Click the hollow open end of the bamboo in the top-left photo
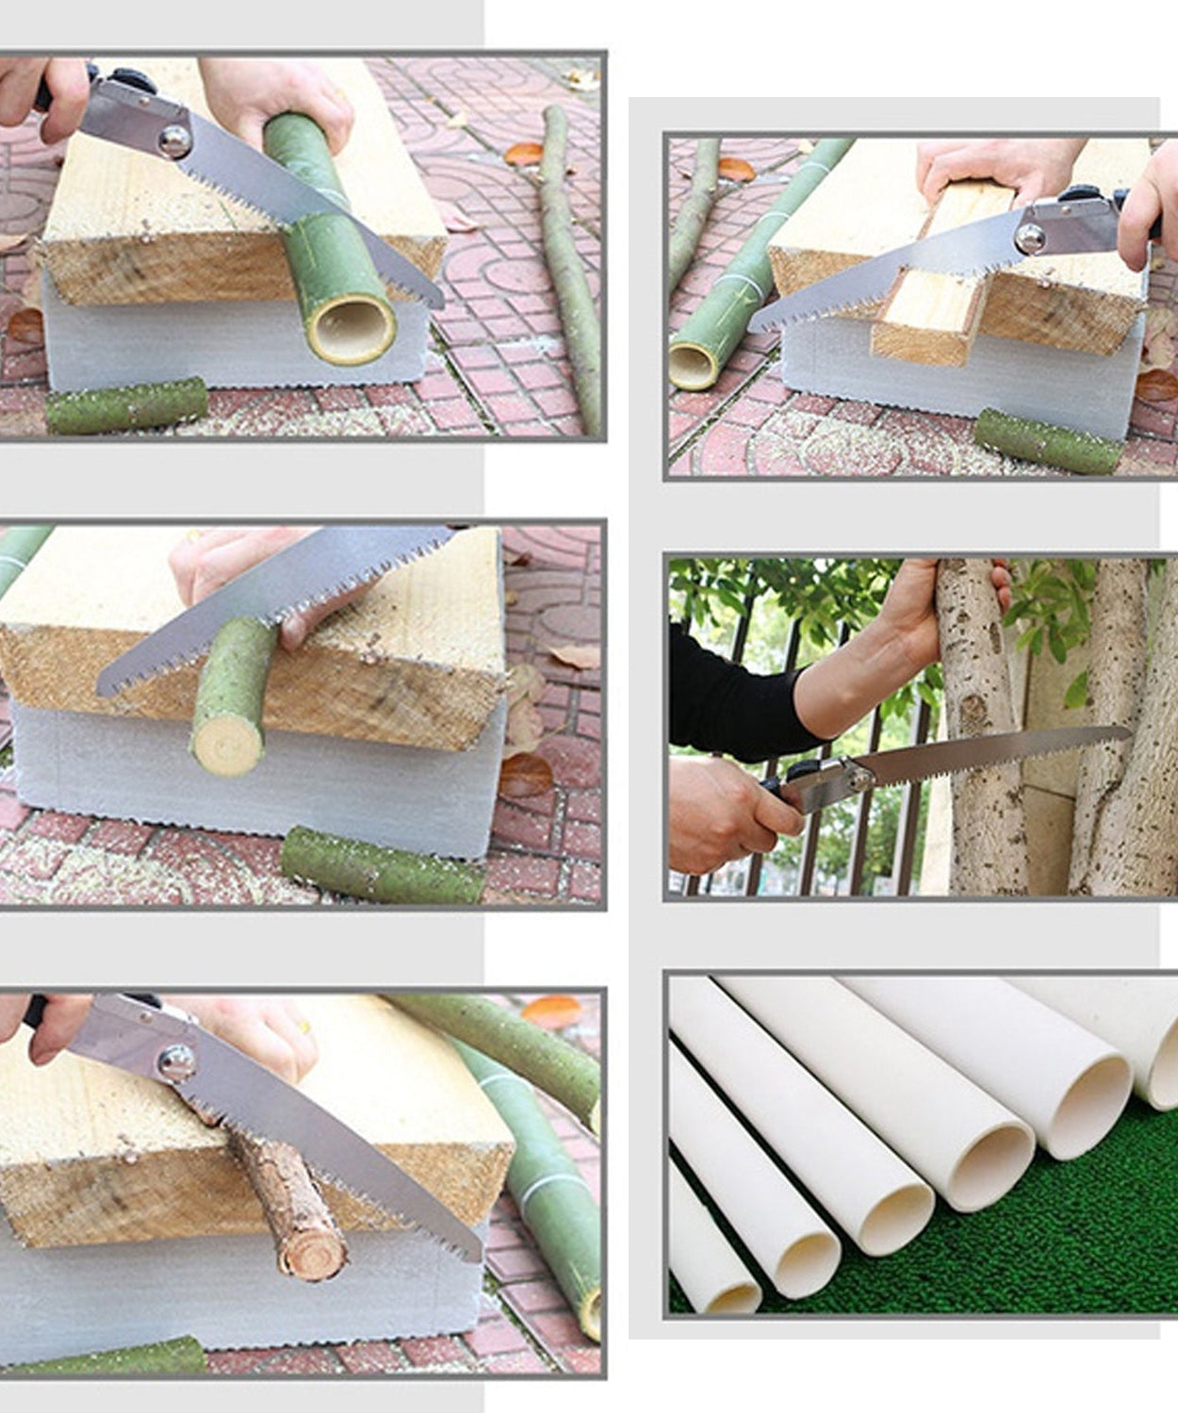point(352,330)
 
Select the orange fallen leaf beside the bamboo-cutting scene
point(523,154)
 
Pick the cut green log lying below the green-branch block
point(382,865)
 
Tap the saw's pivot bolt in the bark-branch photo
point(175,1063)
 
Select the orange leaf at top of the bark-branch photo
point(552,1011)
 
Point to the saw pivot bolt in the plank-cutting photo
point(1030,238)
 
